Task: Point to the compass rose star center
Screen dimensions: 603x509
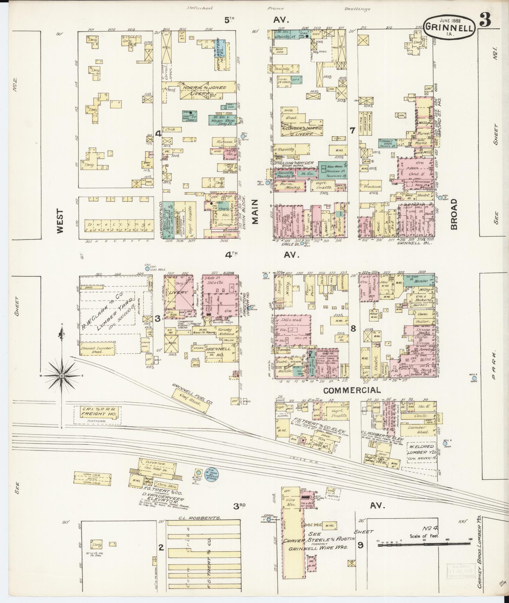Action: tap(62, 376)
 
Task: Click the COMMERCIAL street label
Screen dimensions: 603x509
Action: tap(352, 390)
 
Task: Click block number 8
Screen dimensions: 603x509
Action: tap(353, 328)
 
